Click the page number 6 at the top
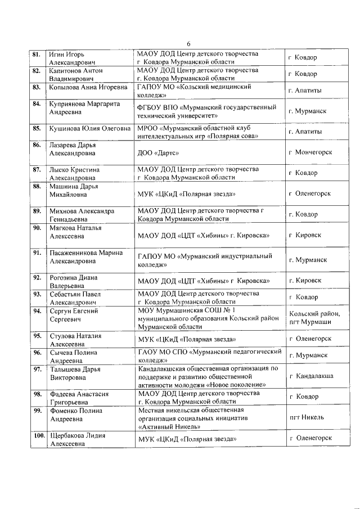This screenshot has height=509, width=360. pyautogui.click(x=188, y=44)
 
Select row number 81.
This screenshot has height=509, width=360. pyautogui.click(x=36, y=55)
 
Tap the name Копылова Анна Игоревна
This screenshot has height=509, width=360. pyautogui.click(x=88, y=88)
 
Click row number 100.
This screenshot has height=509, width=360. pyautogui.click(x=38, y=435)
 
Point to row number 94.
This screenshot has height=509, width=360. pyautogui.click(x=37, y=310)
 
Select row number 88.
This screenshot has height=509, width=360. pyautogui.click(x=37, y=186)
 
